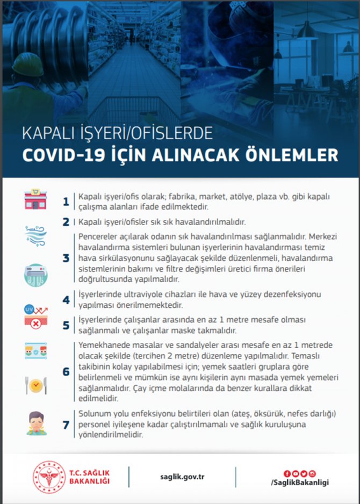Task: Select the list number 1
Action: pos(66,202)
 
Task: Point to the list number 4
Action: pos(66,300)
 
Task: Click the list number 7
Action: pos(66,425)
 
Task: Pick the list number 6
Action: pos(66,371)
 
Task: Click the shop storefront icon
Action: pos(35,199)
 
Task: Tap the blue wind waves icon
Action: pos(35,235)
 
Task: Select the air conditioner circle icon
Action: pos(35,275)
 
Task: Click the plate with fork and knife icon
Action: pos(35,385)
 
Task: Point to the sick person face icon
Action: pos(35,422)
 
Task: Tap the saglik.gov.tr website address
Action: pos(182,477)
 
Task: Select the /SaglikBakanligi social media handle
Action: pos(300,483)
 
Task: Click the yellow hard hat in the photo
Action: pos(27,63)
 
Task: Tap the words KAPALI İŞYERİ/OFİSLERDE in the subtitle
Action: pos(110,132)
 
